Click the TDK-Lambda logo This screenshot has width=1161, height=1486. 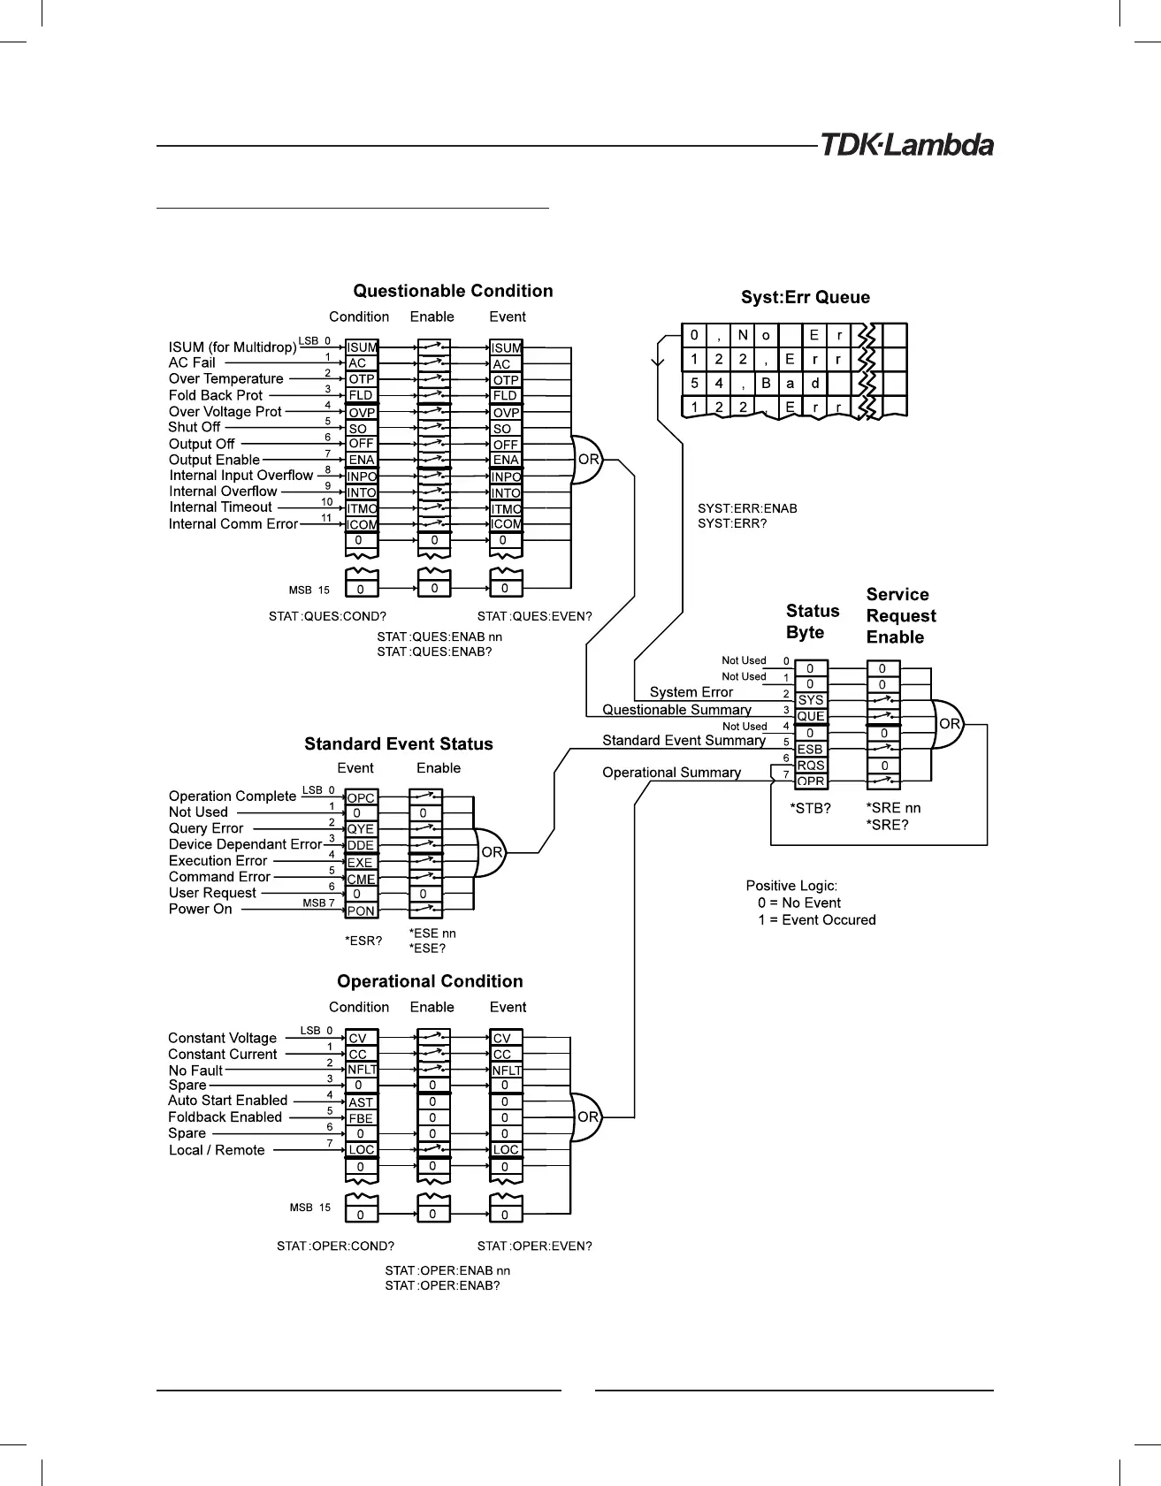coord(907,145)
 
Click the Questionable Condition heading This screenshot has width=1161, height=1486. coord(453,291)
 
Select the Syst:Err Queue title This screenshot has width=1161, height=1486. coord(805,297)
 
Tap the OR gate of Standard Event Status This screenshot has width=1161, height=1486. coord(490,852)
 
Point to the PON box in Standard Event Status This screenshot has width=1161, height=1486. coord(361,911)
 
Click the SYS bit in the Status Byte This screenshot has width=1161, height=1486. coord(810,700)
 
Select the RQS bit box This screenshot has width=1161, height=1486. coord(810,766)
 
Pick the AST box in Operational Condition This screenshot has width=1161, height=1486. coord(361,1102)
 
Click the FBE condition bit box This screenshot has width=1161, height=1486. coord(361,1118)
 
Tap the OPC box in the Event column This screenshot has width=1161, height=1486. coord(361,797)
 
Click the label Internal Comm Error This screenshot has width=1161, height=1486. coord(233,524)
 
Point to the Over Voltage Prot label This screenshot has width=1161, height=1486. coord(225,412)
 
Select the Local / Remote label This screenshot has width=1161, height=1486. coord(217,1150)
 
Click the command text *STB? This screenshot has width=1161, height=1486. coord(810,808)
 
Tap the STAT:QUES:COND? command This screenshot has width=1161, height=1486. coord(327,616)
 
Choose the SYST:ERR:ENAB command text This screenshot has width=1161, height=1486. coord(747,508)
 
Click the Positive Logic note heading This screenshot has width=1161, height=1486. coord(791,886)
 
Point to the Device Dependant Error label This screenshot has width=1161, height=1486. coord(245,844)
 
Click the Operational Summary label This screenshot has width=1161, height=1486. coord(671,773)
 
